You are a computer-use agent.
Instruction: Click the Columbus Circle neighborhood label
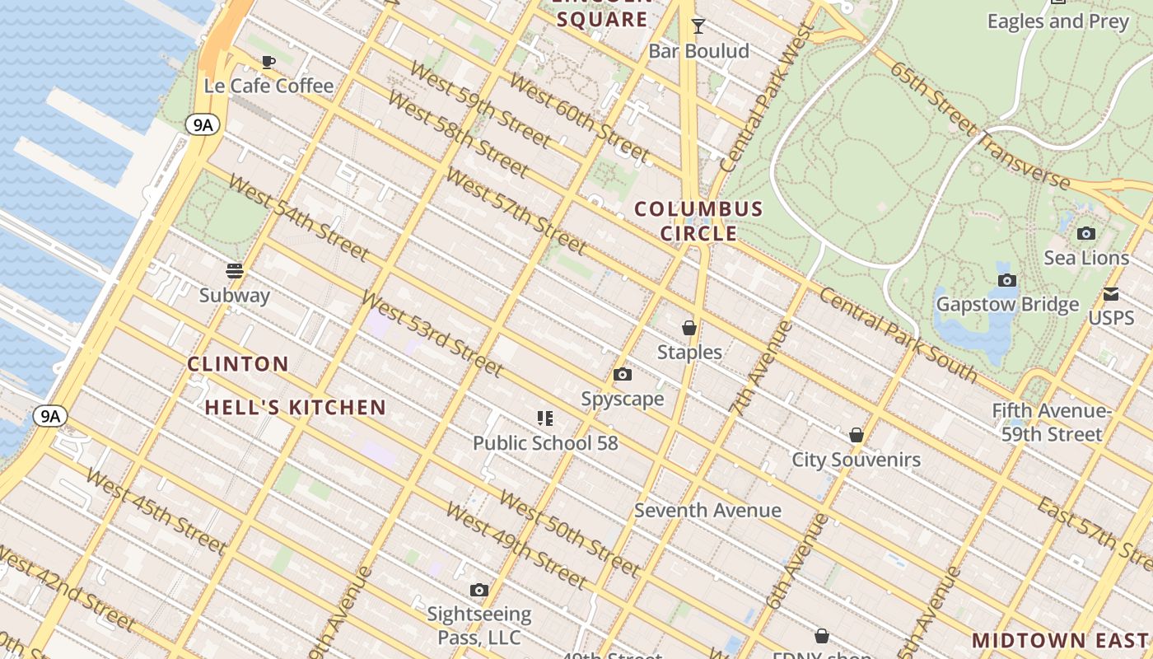[x=698, y=221]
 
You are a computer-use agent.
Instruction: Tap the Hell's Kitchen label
[x=295, y=407]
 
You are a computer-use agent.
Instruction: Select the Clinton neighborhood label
[x=238, y=363]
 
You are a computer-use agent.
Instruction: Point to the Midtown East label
[x=1060, y=640]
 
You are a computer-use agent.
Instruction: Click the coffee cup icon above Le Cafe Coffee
[x=268, y=62]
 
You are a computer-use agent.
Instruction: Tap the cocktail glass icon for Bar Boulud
[x=698, y=27]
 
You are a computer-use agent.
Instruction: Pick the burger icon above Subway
[x=235, y=271]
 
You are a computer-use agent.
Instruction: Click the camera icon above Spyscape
[x=623, y=375]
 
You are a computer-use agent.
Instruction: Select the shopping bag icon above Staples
[x=689, y=328]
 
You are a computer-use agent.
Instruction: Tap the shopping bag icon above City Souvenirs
[x=857, y=435]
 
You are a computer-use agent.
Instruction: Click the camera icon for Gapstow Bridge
[x=1006, y=281]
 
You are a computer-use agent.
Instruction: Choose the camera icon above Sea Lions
[x=1086, y=234]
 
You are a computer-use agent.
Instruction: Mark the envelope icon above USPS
[x=1111, y=294]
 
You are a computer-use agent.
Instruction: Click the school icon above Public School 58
[x=544, y=418]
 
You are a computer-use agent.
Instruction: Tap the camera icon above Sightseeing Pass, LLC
[x=478, y=590]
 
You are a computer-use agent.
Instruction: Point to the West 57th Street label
[x=516, y=211]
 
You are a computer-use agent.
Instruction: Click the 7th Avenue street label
[x=755, y=367]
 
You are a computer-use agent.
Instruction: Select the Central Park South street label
[x=898, y=335]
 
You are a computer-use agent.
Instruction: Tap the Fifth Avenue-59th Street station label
[x=1051, y=422]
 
